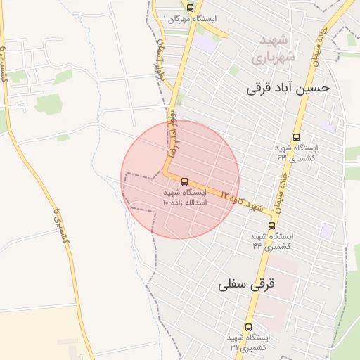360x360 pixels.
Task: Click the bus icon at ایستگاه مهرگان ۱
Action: (x=184, y=18)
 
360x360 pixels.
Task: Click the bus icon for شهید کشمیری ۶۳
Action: (x=296, y=138)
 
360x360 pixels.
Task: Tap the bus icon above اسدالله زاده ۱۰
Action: (x=185, y=181)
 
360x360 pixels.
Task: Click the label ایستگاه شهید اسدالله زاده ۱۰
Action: (x=184, y=197)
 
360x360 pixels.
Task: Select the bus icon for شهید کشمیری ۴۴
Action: (x=272, y=226)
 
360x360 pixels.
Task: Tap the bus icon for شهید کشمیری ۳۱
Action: (x=247, y=327)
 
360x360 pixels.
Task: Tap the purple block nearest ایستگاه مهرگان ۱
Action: (x=206, y=42)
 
